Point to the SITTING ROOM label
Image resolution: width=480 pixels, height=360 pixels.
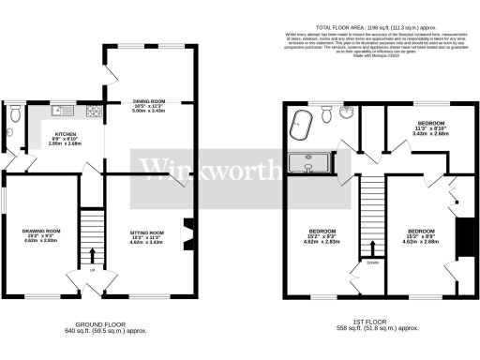pyautogui.click(x=147, y=232)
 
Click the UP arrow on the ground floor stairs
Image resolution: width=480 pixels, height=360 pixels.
pyautogui.click(x=92, y=254)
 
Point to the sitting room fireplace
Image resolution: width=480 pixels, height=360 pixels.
pyautogui.click(x=186, y=232)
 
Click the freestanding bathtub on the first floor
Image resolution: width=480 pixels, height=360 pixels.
pyautogui.click(x=301, y=123)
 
